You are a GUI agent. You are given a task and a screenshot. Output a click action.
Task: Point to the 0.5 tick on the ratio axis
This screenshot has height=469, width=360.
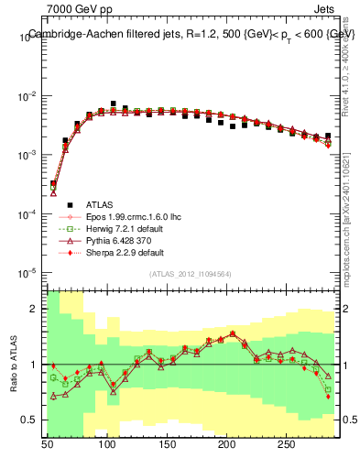click(x=31, y=420)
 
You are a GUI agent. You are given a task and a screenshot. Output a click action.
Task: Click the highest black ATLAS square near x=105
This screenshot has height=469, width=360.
click(x=114, y=104)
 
